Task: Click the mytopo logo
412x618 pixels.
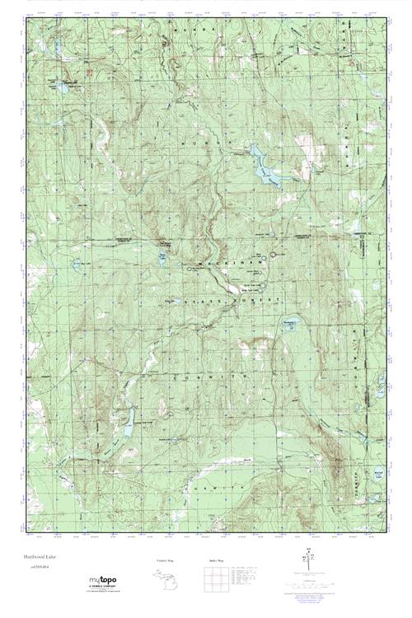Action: [103, 582]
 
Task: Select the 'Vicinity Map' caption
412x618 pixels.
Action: [166, 560]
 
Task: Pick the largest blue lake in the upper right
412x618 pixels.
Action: [264, 162]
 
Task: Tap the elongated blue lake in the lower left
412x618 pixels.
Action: [128, 425]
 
